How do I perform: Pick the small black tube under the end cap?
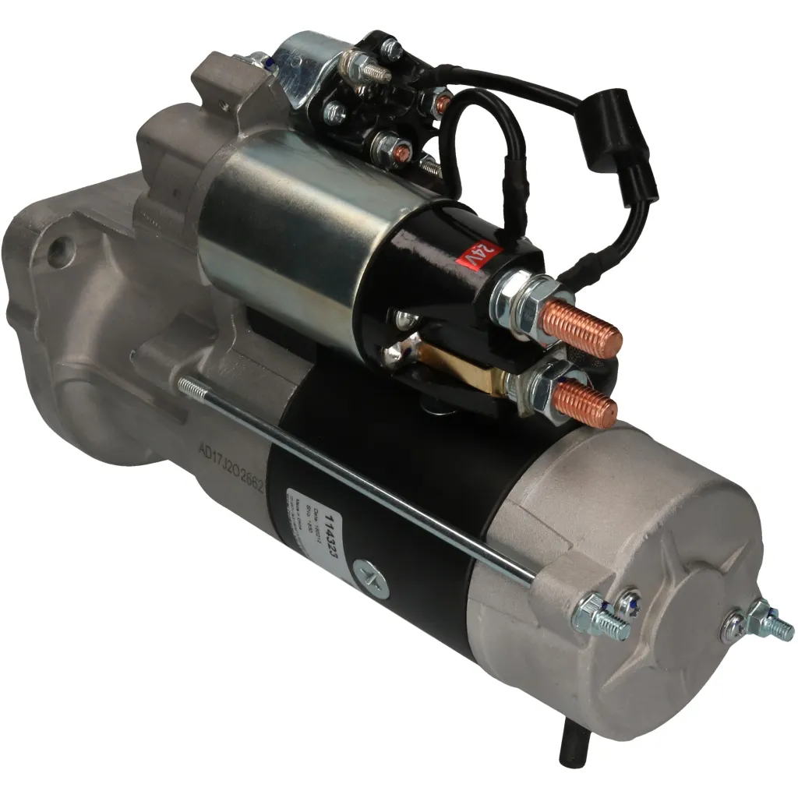tap(570, 748)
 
